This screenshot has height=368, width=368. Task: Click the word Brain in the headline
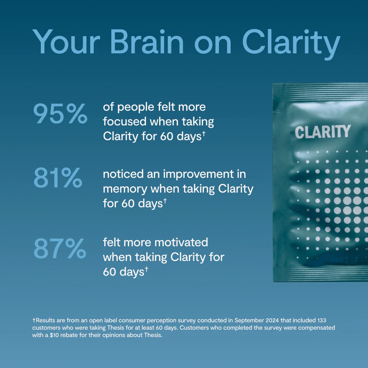click(147, 42)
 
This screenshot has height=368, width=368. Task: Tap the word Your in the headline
click(66, 42)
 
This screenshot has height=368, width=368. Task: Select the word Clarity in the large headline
click(291, 44)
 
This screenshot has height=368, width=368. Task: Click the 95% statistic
click(60, 114)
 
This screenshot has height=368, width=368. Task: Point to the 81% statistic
click(58, 178)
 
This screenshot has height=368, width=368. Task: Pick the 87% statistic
click(60, 248)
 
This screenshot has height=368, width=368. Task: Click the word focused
click(125, 121)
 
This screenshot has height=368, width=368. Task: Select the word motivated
click(181, 242)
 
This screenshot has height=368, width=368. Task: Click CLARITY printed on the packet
click(323, 132)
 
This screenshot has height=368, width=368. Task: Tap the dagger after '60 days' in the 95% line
click(204, 133)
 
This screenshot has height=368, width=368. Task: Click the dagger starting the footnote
click(34, 320)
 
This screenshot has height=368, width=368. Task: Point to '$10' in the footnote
click(54, 335)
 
